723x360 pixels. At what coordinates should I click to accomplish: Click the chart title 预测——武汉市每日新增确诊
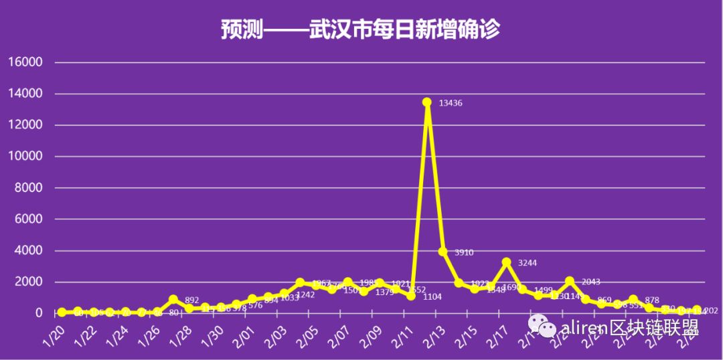point(361,30)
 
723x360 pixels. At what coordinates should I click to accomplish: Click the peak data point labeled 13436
point(426,102)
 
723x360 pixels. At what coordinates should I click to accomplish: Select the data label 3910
point(464,253)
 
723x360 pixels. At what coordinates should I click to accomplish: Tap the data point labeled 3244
point(507,262)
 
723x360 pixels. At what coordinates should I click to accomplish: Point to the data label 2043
point(591,282)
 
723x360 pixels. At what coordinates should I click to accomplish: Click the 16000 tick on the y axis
point(25,62)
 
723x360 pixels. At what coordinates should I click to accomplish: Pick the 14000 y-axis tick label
point(25,94)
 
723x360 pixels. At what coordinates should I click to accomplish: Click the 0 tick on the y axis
point(39,313)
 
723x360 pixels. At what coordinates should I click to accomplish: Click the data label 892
point(192,300)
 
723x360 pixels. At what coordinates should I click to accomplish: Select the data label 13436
point(451,103)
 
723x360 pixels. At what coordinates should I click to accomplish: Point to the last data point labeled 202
point(697,310)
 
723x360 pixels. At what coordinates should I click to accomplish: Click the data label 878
point(653,300)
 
